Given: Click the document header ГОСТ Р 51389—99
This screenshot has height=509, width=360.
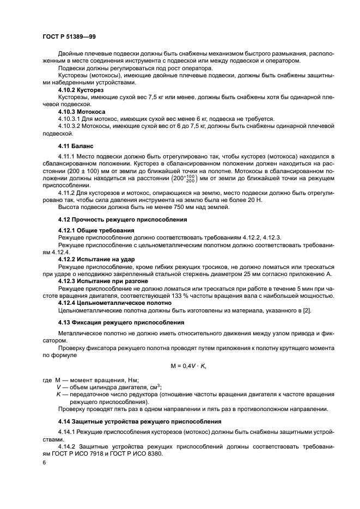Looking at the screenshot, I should [69, 36].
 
